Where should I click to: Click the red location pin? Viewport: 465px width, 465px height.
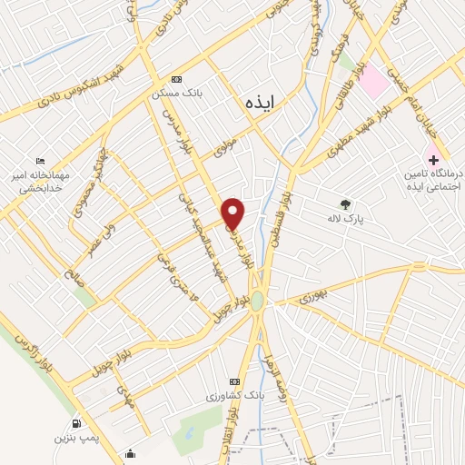coord(234,213)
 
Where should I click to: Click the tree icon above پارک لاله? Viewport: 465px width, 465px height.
coord(344,204)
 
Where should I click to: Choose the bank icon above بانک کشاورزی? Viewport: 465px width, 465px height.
coord(235,381)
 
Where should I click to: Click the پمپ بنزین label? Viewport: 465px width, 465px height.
coord(75,439)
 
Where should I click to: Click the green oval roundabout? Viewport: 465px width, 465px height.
coord(257,301)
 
